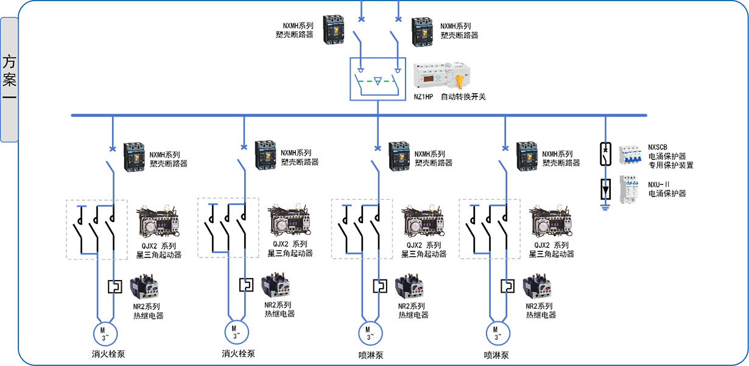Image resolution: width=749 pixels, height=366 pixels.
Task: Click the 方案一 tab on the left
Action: point(9,79)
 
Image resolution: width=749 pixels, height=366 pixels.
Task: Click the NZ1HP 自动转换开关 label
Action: point(449,97)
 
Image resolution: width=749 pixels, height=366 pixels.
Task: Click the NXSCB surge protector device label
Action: point(670,156)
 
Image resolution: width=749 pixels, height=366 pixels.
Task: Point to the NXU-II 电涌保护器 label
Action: point(667,188)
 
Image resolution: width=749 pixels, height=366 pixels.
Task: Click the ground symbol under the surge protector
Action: point(605,207)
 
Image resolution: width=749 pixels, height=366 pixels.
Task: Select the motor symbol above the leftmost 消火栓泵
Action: point(104,333)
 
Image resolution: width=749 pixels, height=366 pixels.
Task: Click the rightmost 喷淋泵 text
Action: point(496,355)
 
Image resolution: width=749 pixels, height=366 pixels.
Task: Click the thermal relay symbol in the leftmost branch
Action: point(113,286)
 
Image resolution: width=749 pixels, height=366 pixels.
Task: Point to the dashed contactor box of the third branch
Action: point(361,228)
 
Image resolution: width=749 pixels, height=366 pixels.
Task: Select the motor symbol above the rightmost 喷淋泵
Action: point(497,334)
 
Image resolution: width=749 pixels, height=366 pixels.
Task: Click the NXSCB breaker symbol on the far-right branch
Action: point(605,155)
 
